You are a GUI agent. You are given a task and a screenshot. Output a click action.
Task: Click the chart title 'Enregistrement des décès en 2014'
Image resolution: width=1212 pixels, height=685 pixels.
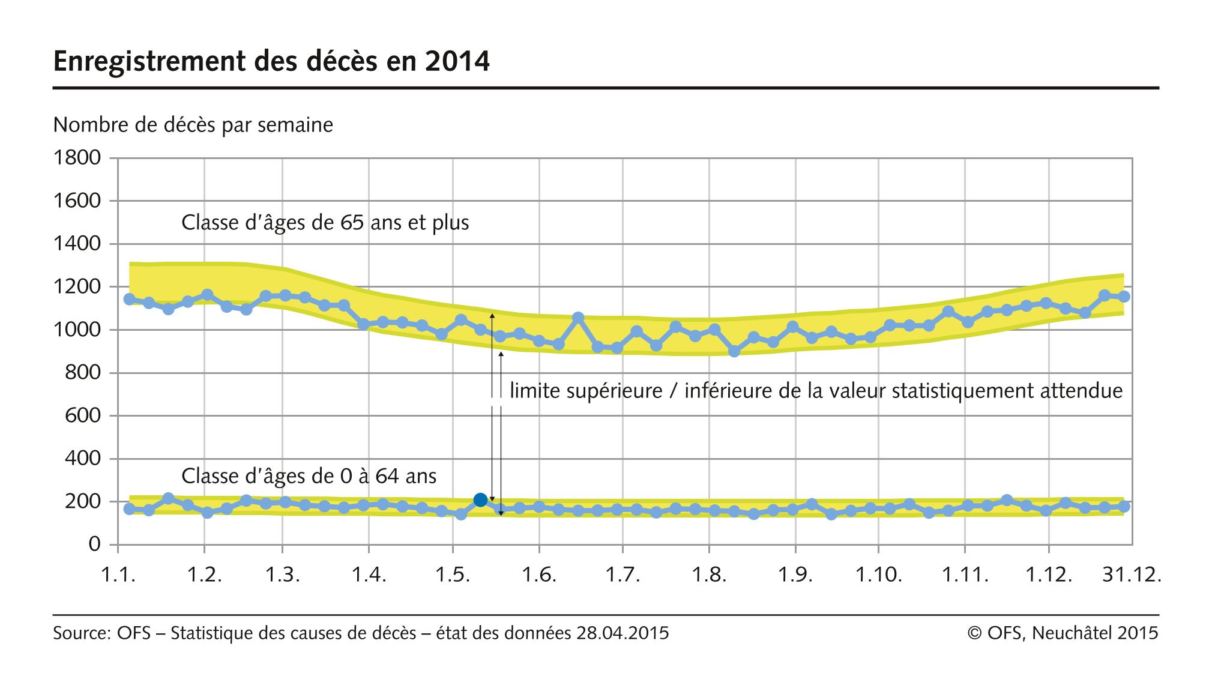tap(271, 61)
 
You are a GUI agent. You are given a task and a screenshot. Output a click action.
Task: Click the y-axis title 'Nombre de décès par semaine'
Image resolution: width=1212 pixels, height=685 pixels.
tap(193, 125)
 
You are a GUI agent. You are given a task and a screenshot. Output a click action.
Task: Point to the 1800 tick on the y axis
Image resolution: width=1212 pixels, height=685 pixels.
tap(77, 158)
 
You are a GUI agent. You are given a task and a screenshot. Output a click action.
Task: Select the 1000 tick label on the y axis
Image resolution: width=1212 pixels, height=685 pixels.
tap(77, 330)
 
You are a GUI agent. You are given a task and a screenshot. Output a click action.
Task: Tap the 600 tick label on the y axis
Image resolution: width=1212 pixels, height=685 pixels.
tap(82, 415)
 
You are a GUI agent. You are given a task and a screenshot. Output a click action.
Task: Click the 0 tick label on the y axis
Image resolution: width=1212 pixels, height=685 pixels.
tap(94, 544)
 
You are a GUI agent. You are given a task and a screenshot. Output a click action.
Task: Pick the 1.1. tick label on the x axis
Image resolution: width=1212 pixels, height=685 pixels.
tap(118, 575)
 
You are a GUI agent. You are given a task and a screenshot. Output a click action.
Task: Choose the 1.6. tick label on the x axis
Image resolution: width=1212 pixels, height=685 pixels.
tap(538, 575)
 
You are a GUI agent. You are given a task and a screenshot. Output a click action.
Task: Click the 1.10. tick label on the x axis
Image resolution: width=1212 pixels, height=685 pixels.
tap(878, 575)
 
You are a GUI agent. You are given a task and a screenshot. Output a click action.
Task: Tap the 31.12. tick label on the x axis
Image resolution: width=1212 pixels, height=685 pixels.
tap(1132, 575)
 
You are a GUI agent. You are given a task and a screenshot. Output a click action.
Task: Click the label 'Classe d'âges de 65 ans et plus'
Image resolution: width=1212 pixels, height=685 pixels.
tap(325, 223)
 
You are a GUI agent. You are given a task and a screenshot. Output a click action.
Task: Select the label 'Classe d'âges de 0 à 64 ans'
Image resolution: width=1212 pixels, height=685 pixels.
tap(309, 476)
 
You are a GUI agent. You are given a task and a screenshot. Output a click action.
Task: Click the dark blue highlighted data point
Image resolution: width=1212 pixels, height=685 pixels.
tap(480, 500)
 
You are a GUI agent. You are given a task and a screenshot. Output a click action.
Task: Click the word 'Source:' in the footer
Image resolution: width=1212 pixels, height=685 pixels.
tap(82, 633)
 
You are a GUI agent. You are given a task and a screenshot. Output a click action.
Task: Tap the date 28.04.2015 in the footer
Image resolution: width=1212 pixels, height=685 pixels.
tap(623, 633)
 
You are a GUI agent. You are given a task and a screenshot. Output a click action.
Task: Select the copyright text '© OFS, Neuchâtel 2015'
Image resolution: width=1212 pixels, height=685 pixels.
tap(1063, 633)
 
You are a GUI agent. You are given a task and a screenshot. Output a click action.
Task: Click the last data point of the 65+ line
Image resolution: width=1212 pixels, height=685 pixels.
tap(1124, 297)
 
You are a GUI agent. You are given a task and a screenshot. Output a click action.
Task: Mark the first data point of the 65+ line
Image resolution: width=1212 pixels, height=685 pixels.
tap(130, 299)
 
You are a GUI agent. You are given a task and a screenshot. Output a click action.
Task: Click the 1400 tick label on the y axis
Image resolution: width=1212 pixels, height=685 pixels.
tap(77, 244)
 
